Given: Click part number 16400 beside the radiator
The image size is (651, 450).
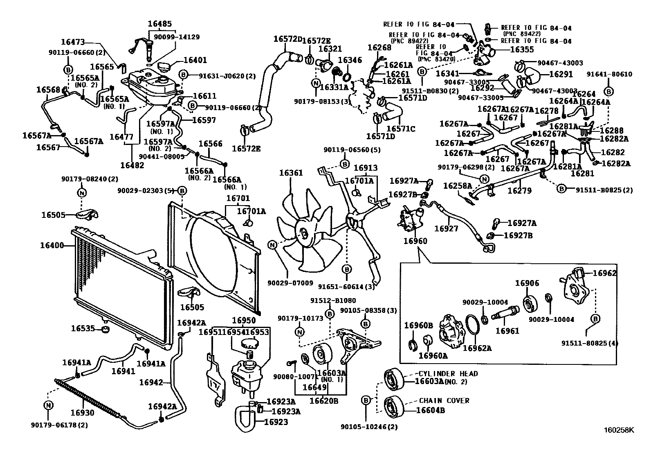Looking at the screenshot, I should coord(52,246).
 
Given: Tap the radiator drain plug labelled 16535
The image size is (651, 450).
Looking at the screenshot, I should coord(105,329).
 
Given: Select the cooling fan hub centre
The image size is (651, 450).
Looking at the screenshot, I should coord(304,233).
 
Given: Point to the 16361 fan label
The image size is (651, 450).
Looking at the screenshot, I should coord(291,173).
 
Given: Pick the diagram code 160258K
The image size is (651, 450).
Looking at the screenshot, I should coord(619,430).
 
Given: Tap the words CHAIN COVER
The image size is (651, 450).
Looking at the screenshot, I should coord(444,401).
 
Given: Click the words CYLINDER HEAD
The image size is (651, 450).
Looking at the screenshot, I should coord(448,374).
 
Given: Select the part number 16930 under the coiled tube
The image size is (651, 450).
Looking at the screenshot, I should coord(82,412).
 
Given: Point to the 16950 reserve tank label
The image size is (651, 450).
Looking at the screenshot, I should coord(244,321).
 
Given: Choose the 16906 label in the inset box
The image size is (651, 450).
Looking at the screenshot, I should coord(527,283).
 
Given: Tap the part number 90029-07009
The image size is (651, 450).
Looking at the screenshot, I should coord(290,283).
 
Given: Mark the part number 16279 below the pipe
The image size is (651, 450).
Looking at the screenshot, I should coord(520,190).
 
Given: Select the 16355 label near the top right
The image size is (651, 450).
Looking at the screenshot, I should coord(522,50).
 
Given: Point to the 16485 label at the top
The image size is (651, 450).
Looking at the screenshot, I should coord(160,24).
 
